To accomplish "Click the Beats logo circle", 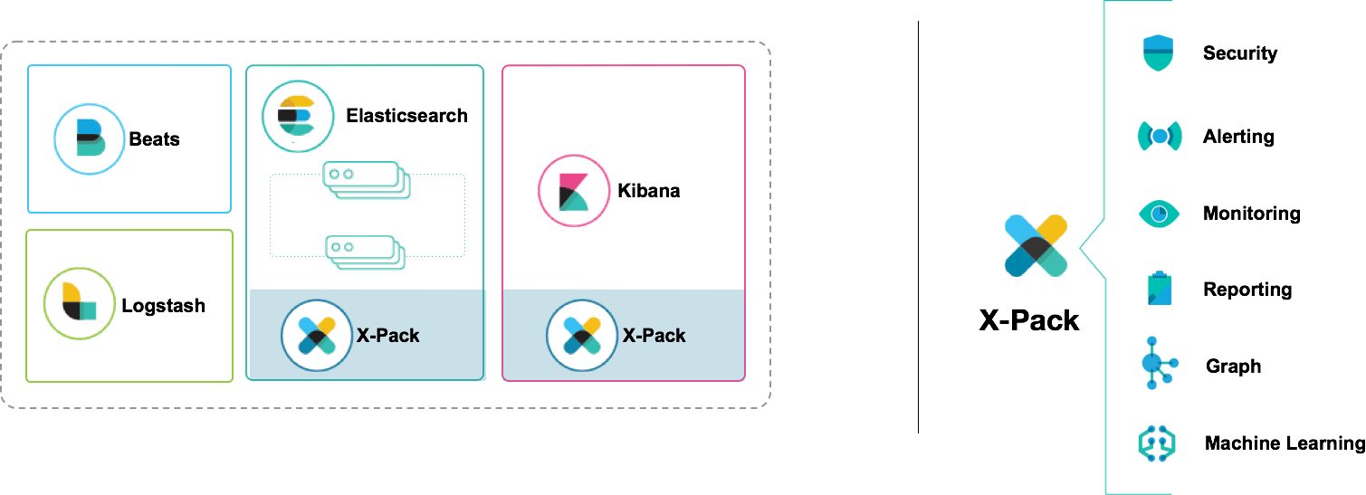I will tap(89, 139).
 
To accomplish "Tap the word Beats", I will tap(154, 139).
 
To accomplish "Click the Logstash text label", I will tap(163, 306).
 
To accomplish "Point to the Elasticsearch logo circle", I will tap(296, 116).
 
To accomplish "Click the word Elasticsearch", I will tap(406, 116).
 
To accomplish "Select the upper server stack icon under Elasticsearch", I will tap(367, 179).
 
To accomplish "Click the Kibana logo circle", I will tap(572, 191).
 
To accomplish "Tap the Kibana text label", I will tap(648, 191).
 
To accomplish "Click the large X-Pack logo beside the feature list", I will tap(1036, 245).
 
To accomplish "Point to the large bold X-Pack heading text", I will tap(1029, 320).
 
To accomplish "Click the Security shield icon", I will tap(1158, 53).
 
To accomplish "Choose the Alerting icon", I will tap(1159, 137).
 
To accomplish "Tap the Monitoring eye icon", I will tap(1159, 214).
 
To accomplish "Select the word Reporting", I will tap(1247, 290).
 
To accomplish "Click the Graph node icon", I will tap(1157, 363).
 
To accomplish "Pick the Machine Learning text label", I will tap(1284, 443).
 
